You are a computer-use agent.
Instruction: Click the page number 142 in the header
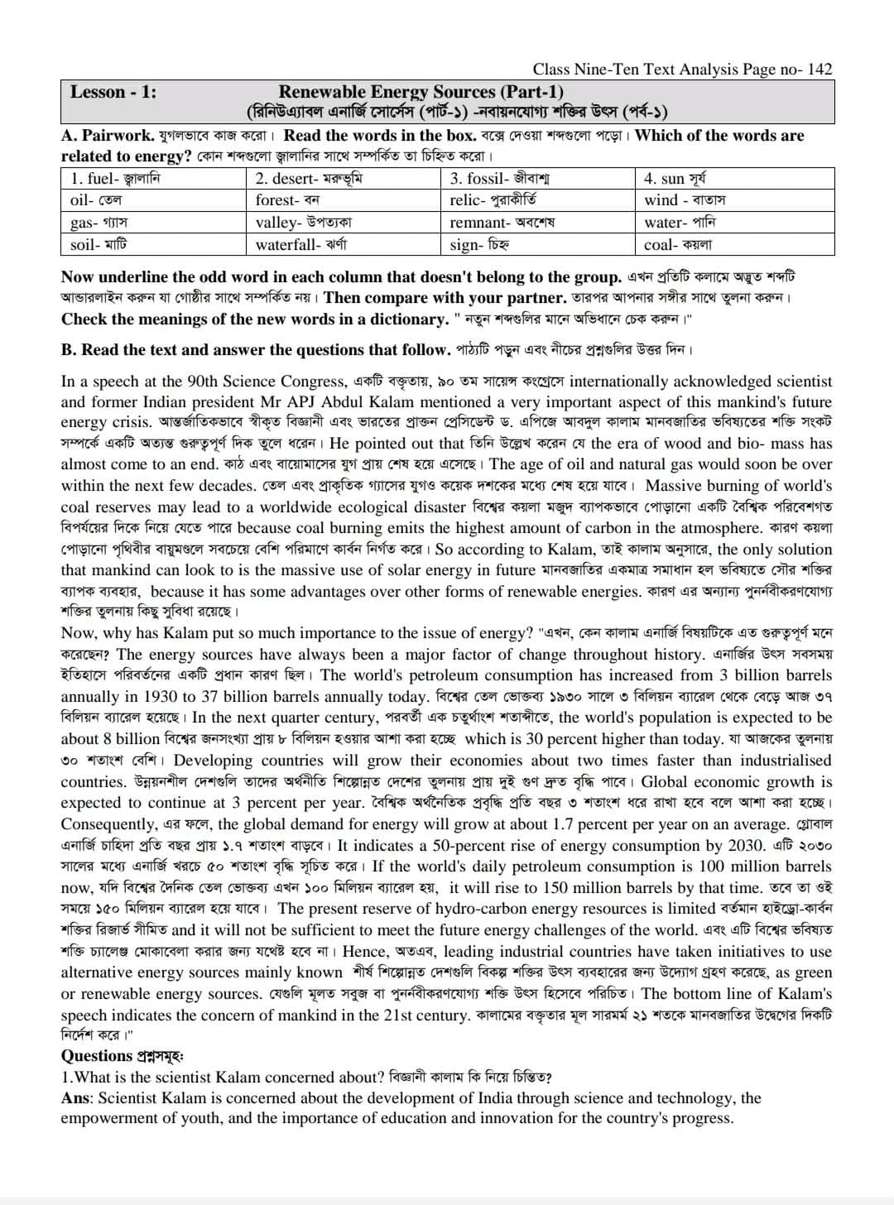[819, 70]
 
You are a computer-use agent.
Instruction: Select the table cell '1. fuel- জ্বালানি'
[115, 178]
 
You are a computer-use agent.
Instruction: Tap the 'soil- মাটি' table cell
[99, 244]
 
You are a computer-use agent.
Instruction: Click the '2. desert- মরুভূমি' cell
[309, 178]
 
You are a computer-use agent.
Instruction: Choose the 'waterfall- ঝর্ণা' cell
[301, 244]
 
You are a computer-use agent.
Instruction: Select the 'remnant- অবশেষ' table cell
[502, 223]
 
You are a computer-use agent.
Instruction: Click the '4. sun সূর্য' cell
[675, 178]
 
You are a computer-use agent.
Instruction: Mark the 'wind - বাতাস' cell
[685, 200]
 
